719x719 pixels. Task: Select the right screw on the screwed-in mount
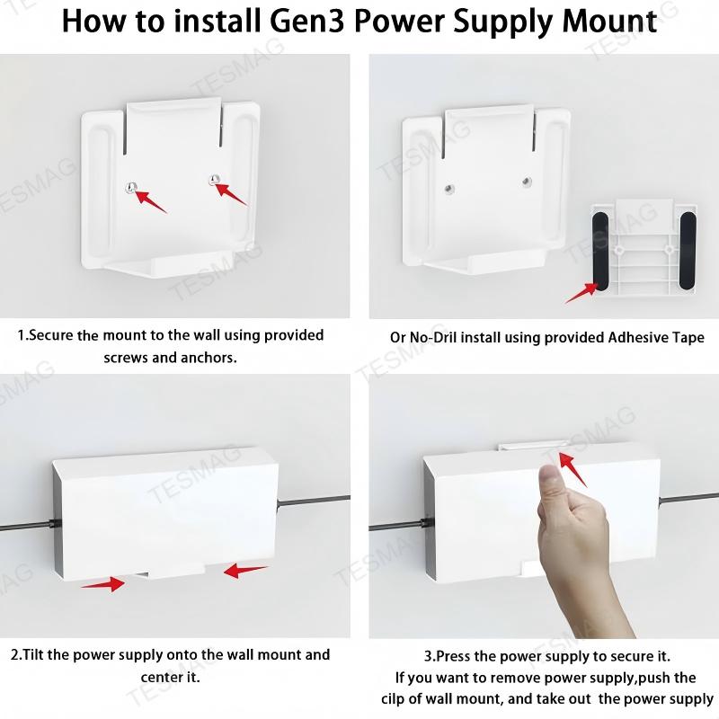click(x=213, y=180)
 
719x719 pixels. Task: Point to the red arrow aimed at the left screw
click(x=150, y=200)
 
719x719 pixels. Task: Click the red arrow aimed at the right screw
click(x=232, y=192)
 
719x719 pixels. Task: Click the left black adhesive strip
click(x=599, y=246)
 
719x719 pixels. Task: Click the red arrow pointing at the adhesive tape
click(x=581, y=292)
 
